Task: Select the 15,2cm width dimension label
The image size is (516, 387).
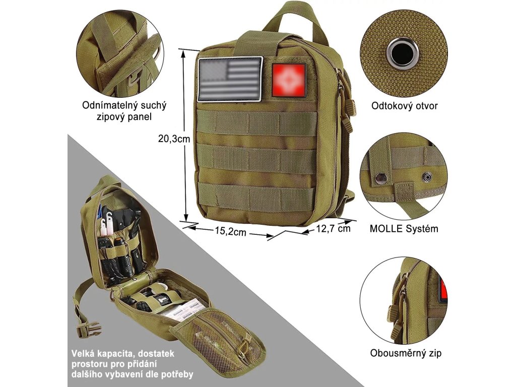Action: (229, 232)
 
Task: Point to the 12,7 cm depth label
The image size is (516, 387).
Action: (333, 228)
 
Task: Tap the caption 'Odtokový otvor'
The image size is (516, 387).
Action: (404, 106)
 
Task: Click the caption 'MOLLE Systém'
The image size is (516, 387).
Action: (404, 228)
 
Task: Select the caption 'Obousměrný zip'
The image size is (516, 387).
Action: (406, 353)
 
